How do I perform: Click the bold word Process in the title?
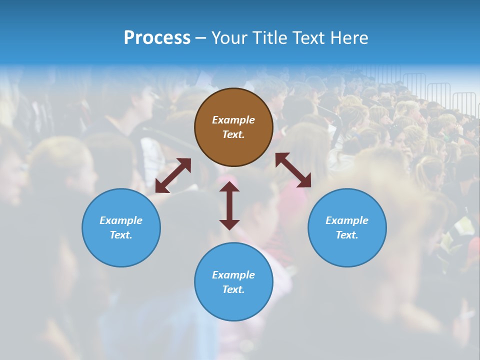click(157, 38)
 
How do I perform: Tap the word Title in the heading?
click(271, 38)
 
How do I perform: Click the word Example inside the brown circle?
click(233, 120)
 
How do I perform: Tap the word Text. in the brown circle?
click(233, 134)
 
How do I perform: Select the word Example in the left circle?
click(121, 220)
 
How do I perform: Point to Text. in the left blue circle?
click(121, 235)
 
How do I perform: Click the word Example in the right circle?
click(347, 220)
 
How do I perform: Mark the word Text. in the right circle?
click(347, 235)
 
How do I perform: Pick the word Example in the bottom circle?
click(233, 275)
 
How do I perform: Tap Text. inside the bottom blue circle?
click(233, 289)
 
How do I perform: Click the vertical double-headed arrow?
click(229, 205)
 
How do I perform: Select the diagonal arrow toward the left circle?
click(173, 175)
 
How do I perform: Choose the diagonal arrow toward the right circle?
click(293, 170)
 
